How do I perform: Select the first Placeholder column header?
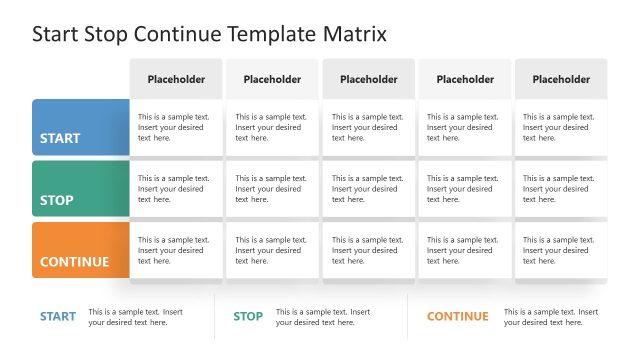coord(176,79)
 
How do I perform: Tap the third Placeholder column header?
coord(368,79)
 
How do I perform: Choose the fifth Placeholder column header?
coord(561,79)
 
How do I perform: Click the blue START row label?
coord(80,128)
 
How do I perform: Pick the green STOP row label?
coord(80,189)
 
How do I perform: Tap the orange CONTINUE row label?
coord(80,251)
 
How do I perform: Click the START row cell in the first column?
coord(176,128)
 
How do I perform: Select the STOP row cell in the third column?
coord(368,189)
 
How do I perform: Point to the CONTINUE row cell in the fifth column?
coord(561,251)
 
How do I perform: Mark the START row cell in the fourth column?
coord(464,128)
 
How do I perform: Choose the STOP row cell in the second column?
coord(272,189)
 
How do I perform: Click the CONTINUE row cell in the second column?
coord(272,251)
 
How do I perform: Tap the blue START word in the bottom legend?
coord(58,317)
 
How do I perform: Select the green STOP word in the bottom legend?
coord(248,317)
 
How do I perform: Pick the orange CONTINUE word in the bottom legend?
coord(458,317)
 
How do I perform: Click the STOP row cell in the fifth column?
coord(561,189)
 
